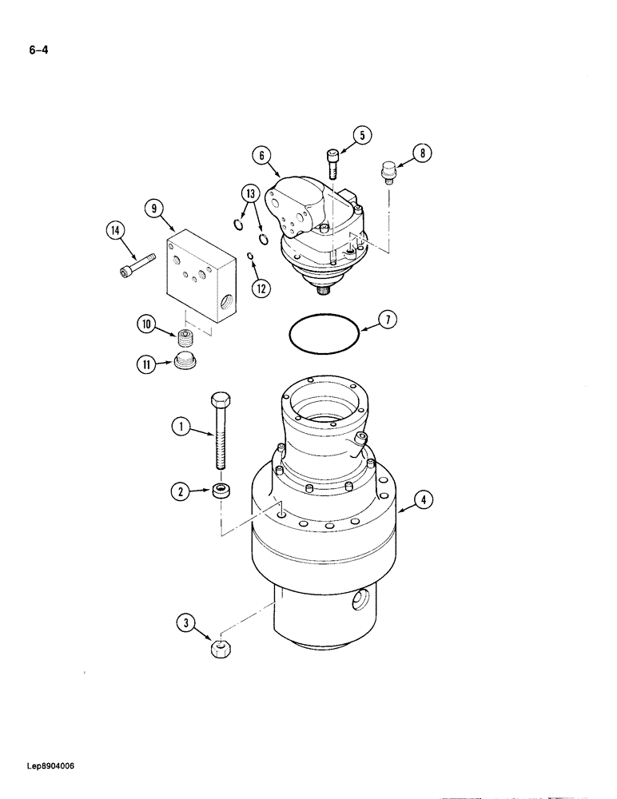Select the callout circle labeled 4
tap(424, 502)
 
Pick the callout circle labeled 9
tap(154, 209)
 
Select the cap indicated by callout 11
tap(185, 362)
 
